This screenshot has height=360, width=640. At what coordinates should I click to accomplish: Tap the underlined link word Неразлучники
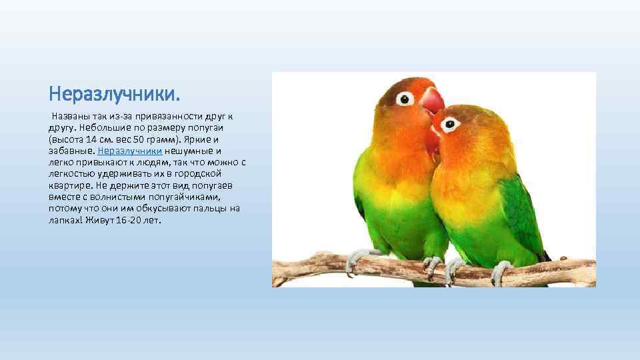point(129,151)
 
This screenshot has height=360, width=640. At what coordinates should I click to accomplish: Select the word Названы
point(70,117)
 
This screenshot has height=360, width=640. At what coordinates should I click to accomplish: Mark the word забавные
point(71,151)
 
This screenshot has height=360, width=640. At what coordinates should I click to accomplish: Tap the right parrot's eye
point(451,124)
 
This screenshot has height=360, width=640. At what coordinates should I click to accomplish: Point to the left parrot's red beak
point(432,100)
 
